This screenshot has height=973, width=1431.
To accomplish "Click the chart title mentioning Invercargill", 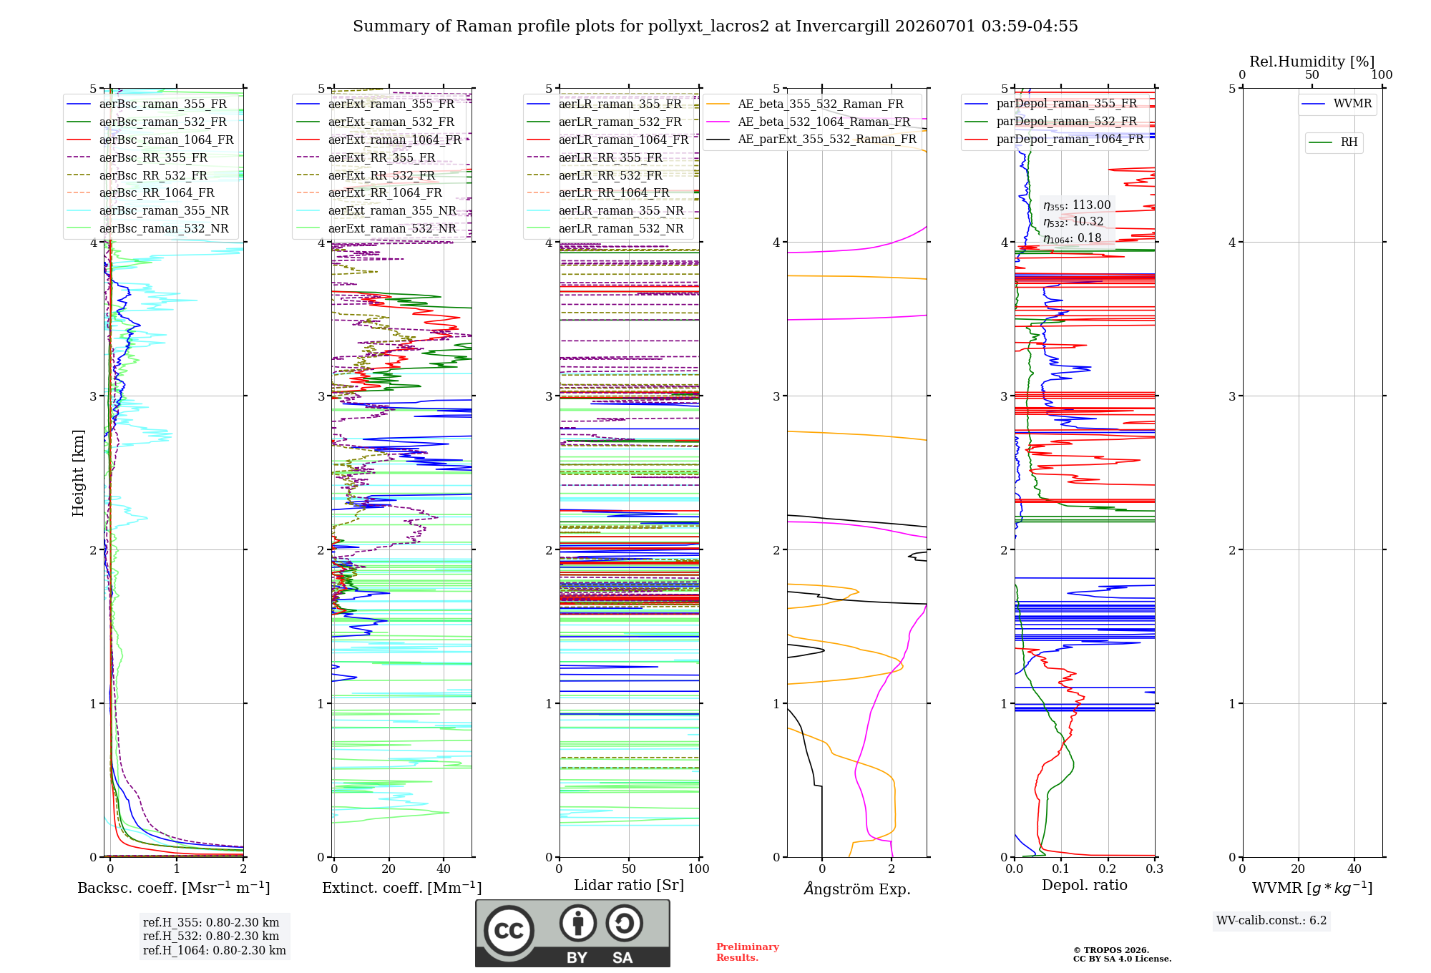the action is (715, 26).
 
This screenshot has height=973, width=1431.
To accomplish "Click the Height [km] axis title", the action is (78, 473).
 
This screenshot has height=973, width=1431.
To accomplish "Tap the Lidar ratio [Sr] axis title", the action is (629, 885).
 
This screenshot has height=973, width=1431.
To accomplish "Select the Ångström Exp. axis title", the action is (857, 889).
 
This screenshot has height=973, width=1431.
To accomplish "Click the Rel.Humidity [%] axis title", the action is (1312, 62).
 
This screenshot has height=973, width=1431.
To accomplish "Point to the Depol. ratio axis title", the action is (1085, 885).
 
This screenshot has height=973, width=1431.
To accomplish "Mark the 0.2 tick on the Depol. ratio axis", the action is (1108, 869).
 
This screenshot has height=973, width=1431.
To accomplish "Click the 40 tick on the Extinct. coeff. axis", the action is (444, 869).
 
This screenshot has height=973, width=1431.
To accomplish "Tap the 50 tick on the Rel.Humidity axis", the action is (1312, 75).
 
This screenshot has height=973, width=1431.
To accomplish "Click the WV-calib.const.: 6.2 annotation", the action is (1271, 921).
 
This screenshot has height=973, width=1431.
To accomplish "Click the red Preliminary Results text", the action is (748, 952).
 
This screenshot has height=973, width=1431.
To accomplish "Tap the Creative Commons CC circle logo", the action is (509, 930).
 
